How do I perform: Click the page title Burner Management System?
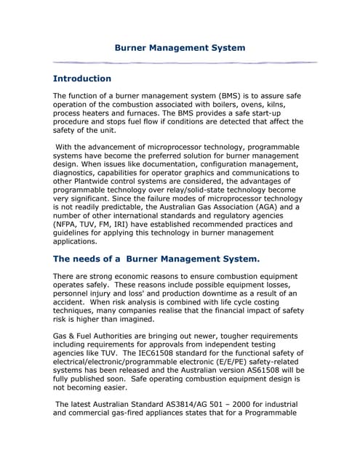point(180,48)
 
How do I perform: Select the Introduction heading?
point(82,78)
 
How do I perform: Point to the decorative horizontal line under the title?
point(185,62)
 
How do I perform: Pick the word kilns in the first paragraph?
point(287,106)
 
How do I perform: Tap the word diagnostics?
point(81,173)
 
